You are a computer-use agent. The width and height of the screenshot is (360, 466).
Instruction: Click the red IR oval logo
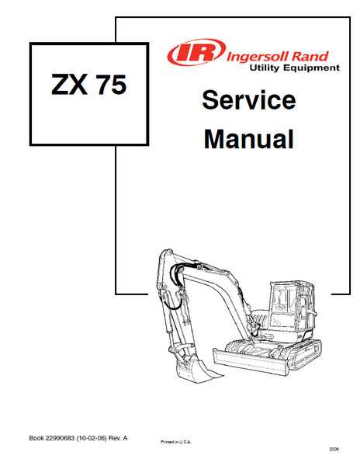(196, 52)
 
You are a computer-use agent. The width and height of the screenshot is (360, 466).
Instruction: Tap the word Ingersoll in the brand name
(257, 57)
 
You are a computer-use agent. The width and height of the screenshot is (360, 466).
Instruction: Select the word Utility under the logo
(264, 68)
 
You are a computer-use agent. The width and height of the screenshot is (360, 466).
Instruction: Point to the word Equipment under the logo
(311, 68)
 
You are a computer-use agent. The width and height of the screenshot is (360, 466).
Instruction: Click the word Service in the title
(249, 99)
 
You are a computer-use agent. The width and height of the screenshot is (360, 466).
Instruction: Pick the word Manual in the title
(249, 139)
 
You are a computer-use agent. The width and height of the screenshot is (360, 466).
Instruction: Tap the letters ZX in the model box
(70, 85)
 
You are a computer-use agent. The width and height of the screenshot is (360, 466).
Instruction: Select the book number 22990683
(60, 438)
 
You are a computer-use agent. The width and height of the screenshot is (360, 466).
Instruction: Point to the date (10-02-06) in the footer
(92, 438)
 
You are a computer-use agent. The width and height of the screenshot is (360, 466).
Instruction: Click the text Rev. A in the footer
(118, 438)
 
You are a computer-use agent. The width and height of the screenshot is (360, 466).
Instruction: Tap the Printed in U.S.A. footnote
(175, 442)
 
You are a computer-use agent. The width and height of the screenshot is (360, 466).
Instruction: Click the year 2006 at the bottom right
(334, 449)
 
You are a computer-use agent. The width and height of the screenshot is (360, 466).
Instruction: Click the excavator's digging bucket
(195, 368)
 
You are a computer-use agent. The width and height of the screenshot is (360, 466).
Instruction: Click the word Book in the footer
(36, 438)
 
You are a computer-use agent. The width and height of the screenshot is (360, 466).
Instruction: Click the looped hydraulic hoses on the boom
(178, 285)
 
